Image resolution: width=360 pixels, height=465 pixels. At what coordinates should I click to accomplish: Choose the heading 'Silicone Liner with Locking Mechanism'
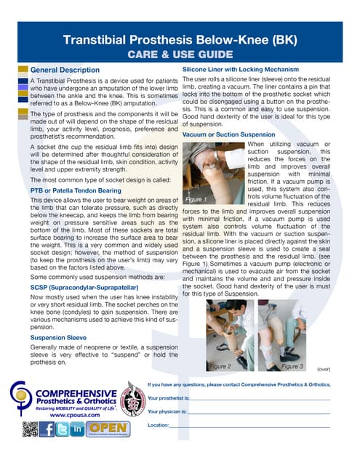click(241, 68)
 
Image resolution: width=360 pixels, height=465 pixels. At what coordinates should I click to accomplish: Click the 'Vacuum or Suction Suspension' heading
click(228, 134)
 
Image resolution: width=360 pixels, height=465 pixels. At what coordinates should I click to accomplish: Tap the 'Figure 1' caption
click(196, 198)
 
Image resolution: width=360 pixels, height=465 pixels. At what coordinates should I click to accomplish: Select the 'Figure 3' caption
click(292, 366)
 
